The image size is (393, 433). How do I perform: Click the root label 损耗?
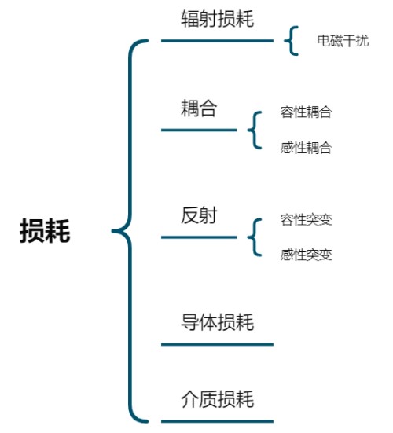[x=45, y=232]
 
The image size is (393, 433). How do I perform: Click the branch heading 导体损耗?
[x=217, y=322]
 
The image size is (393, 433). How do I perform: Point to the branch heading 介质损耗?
[x=217, y=398]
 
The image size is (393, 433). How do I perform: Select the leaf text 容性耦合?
[x=306, y=112]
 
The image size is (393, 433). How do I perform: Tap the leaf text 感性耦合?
[x=306, y=148]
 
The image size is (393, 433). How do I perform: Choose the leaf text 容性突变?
[x=306, y=219]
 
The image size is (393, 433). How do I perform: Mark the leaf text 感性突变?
[x=306, y=255]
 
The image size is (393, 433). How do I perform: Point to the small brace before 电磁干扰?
[x=292, y=41]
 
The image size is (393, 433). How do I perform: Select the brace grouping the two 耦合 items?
[x=255, y=130]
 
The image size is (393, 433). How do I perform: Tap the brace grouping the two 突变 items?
[x=255, y=237]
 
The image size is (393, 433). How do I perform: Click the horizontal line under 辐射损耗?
[x=217, y=40]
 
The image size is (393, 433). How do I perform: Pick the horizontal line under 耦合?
[x=199, y=130]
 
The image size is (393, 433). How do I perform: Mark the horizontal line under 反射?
[x=199, y=237]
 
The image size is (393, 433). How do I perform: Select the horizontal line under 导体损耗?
[x=217, y=344]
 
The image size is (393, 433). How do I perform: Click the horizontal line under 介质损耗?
[x=217, y=421]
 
